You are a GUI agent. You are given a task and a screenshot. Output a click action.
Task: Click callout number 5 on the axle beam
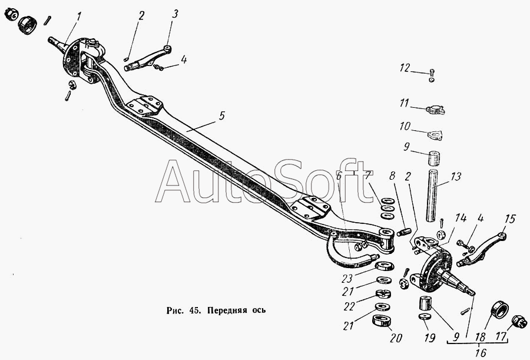click(221, 116)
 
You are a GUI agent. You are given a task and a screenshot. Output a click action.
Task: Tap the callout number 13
click(456, 176)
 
